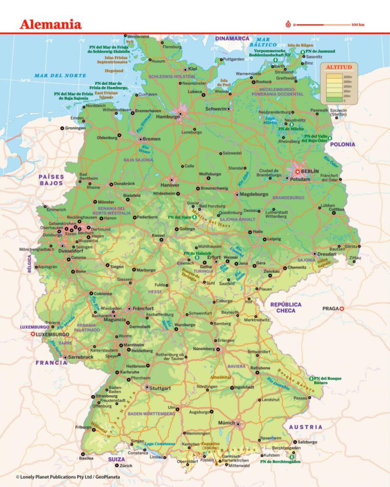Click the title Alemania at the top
50,25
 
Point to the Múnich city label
226,422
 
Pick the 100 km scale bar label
358,25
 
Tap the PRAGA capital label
330,308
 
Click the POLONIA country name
342,144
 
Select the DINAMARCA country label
232,38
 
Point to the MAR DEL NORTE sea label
60,76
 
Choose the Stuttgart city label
162,388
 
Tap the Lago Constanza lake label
160,443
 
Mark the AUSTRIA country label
305,427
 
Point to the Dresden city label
328,254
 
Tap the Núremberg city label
205,349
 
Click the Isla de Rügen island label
300,46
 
